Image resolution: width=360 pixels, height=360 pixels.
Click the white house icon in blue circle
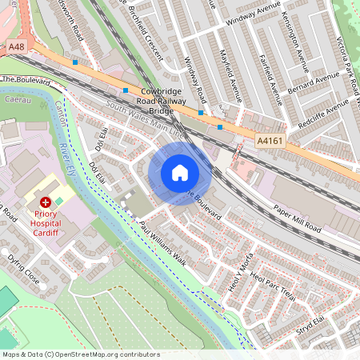pos(180,172)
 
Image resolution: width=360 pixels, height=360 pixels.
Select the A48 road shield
pos(17,48)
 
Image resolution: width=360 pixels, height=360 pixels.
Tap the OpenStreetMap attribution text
pos(81,354)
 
